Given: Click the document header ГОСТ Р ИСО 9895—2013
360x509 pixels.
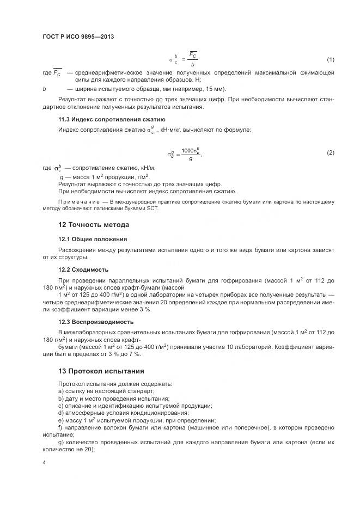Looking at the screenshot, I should [x=78, y=36].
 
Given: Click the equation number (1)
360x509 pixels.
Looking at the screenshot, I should [x=330, y=59].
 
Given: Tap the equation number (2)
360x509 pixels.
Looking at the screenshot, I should [x=330, y=153].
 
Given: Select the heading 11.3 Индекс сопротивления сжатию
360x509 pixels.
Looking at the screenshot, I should [x=112, y=119].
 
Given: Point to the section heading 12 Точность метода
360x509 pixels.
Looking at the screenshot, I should [x=94, y=225].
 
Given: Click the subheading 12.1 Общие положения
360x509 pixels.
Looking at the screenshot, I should [x=93, y=238].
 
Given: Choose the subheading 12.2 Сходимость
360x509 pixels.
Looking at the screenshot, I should [x=83, y=269].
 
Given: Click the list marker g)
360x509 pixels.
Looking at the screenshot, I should [x=60, y=442].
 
